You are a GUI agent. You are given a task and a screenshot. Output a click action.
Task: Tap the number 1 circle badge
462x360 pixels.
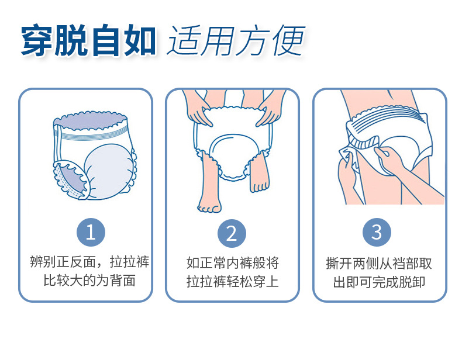pyautogui.click(x=91, y=232)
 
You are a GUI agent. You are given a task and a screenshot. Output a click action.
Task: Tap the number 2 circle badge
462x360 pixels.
pyautogui.click(x=232, y=233)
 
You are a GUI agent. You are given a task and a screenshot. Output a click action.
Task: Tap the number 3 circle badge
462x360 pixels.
pyautogui.click(x=377, y=232)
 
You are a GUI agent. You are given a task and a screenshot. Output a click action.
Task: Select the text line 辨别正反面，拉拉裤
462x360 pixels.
pyautogui.click(x=89, y=262)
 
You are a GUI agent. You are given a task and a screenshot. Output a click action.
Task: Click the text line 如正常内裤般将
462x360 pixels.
pyautogui.click(x=232, y=262)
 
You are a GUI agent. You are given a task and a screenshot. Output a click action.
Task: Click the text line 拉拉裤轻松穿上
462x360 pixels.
pyautogui.click(x=232, y=281)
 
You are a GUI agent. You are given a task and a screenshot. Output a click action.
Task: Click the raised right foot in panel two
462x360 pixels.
pyautogui.click(x=258, y=179)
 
